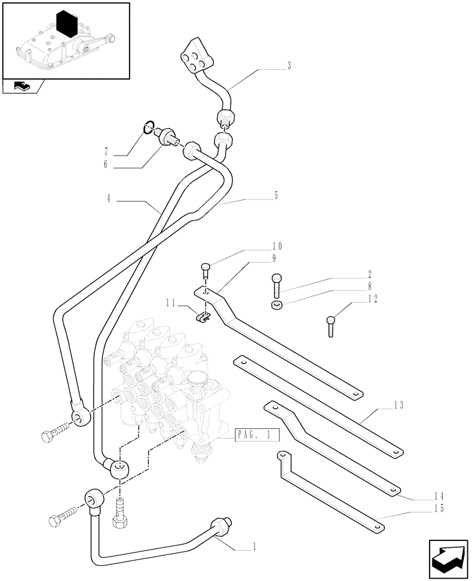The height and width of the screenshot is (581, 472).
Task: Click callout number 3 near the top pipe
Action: [x=288, y=66]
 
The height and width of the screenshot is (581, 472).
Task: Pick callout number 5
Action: [x=276, y=196]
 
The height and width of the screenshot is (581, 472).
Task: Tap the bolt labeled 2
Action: [x=276, y=284]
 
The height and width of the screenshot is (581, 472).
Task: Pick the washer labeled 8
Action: [x=277, y=305]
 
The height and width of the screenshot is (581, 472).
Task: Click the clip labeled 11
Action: [x=201, y=317]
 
